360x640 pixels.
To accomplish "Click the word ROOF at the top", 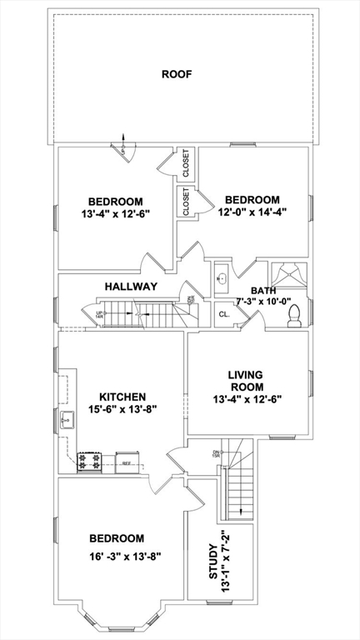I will click(177, 74).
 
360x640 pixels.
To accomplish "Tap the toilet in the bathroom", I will click(293, 314).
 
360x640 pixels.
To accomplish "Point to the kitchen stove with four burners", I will click(89, 460).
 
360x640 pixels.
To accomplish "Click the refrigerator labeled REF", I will click(127, 462).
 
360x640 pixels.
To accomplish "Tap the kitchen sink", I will click(67, 419).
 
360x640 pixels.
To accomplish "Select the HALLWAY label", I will click(131, 286).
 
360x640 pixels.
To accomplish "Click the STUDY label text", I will click(214, 562).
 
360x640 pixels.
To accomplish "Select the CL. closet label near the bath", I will click(224, 314).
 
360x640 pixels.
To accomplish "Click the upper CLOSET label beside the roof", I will click(185, 163).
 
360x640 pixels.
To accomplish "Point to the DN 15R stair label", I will click(215, 452).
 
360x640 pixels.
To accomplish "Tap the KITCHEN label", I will click(122, 396).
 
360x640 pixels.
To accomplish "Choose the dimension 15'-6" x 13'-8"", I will click(122, 409).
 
